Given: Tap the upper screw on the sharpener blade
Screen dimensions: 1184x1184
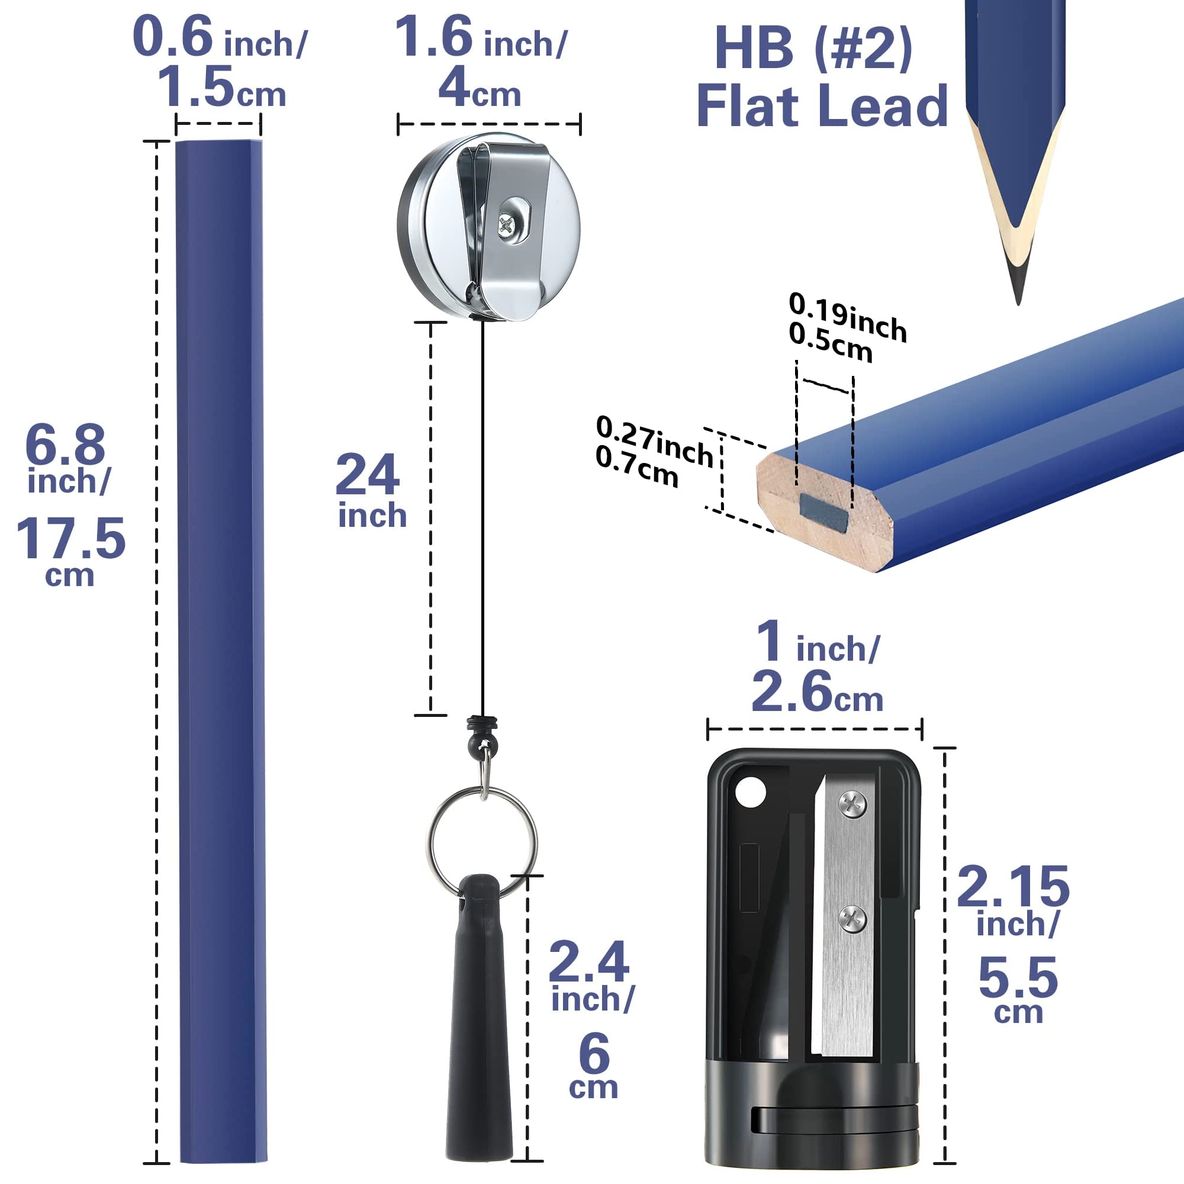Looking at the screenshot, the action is pos(852,804).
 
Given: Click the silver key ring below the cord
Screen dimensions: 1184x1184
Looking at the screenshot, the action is pos(482,843).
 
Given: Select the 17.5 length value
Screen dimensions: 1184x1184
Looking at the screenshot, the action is pos(71,539).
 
